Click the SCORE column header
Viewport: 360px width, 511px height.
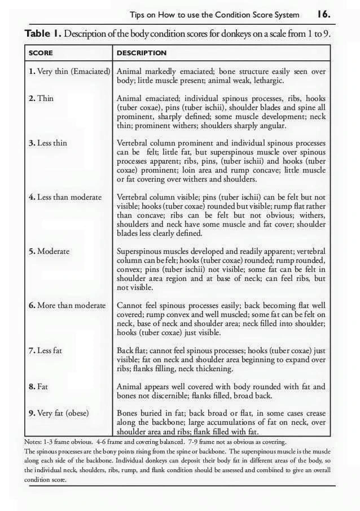pos(41,53)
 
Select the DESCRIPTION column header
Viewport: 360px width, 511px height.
pos(141,53)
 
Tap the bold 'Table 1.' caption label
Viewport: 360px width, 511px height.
pos(43,34)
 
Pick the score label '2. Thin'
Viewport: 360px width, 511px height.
pos(41,98)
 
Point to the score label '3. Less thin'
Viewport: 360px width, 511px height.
pos(47,143)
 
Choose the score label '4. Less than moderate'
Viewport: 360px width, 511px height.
pos(65,197)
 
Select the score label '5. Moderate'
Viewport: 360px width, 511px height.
pos(49,251)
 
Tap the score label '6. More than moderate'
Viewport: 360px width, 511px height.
pos(67,305)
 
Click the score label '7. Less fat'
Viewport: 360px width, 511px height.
pos(46,350)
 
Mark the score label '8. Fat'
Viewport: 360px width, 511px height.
pos(38,386)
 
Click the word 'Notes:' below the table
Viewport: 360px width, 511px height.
pos(34,441)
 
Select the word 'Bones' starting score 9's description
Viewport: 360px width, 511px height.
pos(128,413)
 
